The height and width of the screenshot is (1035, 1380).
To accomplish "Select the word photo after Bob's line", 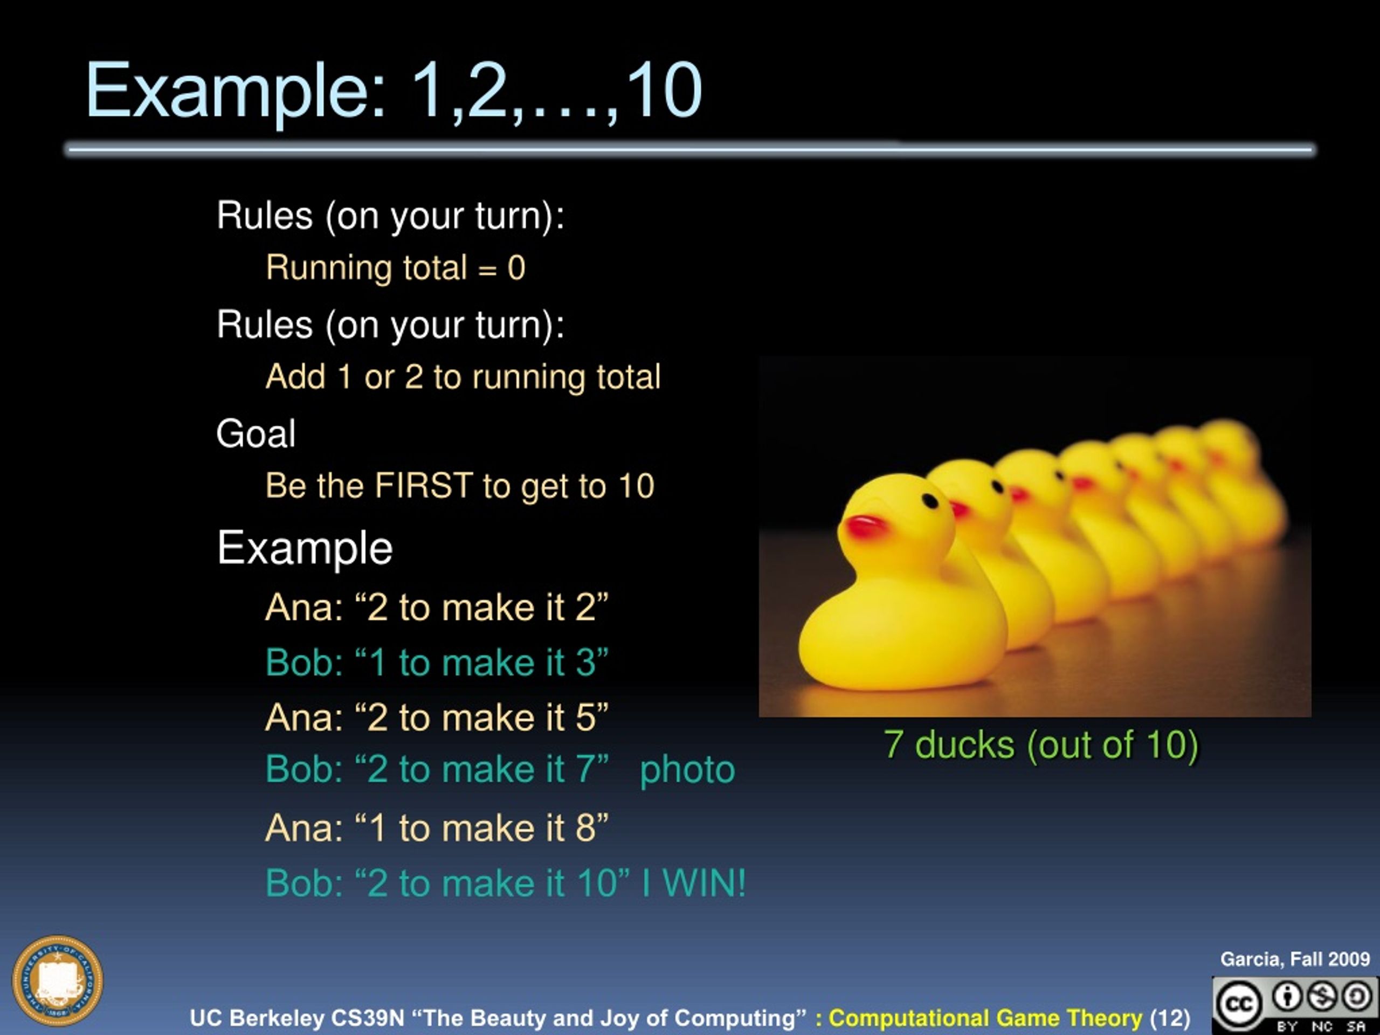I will [687, 769].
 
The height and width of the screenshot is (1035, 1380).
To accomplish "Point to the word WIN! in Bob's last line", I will [703, 883].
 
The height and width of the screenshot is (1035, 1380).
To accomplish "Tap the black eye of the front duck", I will [929, 501].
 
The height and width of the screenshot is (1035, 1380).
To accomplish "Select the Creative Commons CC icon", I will [1237, 1003].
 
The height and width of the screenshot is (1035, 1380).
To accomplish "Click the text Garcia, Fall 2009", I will [1294, 959].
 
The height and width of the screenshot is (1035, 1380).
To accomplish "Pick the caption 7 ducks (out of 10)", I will [1040, 744].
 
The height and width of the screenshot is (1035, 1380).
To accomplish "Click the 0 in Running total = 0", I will [516, 267].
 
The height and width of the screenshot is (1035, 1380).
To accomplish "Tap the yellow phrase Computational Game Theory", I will [985, 1018].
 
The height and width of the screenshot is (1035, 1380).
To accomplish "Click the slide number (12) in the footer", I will [1170, 1018].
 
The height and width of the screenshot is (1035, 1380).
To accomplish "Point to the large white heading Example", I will [305, 548].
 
